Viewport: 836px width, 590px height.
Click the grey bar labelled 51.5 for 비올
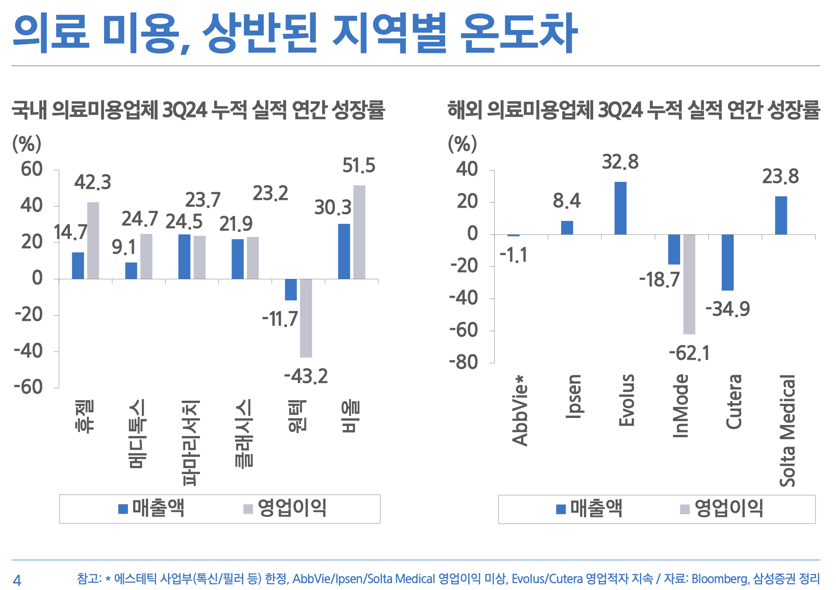pos(359,232)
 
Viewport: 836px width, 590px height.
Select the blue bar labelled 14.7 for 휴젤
pos(78,266)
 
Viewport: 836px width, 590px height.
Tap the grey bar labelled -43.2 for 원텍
pos(306,318)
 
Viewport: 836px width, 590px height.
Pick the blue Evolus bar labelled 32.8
pos(620,208)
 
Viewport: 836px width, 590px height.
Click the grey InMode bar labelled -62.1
pos(689,284)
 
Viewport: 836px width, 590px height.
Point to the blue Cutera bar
pos(728,262)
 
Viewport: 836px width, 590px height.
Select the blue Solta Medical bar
pos(781,215)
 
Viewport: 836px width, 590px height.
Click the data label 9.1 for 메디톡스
pos(123,247)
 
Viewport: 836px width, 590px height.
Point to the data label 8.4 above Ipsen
pos(566,201)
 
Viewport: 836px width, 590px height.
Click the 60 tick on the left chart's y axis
pos(32,169)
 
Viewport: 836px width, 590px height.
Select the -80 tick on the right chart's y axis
pos(464,362)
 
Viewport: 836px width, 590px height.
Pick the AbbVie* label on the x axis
pos(520,410)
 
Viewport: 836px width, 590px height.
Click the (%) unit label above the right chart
pos(462,144)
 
